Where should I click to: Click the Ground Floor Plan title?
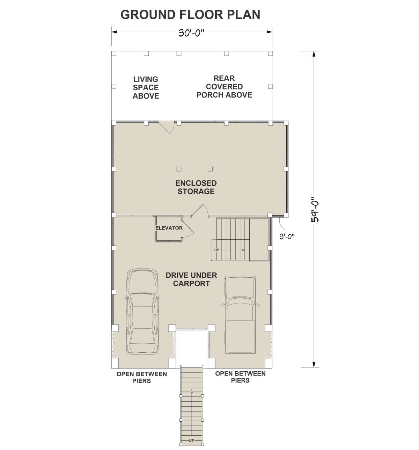(190, 14)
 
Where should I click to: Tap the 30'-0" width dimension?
(191, 33)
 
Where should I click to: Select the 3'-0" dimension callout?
(287, 236)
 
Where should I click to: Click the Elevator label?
(169, 228)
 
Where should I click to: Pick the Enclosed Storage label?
(196, 187)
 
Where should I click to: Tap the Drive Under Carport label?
(191, 279)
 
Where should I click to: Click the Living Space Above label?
(146, 87)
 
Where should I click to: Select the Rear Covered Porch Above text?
(224, 87)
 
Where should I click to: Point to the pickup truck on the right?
(240, 314)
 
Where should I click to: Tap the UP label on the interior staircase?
(217, 250)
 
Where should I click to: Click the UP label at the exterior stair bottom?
(191, 441)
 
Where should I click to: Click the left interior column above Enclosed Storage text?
(179, 169)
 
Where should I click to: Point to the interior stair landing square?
(259, 239)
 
